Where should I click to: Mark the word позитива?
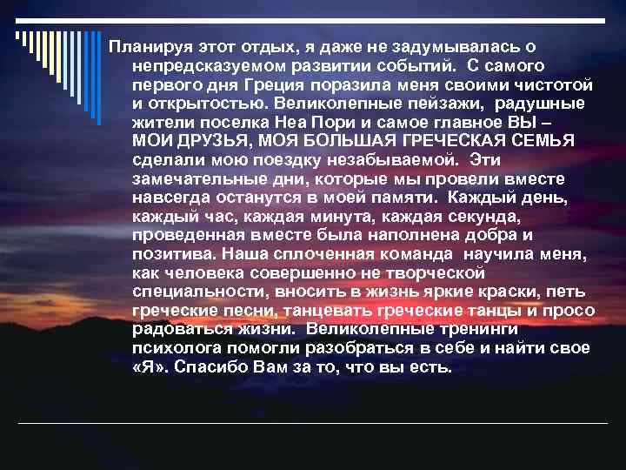point(173,255)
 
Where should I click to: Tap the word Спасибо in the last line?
point(210,367)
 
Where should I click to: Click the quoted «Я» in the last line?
point(149,367)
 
